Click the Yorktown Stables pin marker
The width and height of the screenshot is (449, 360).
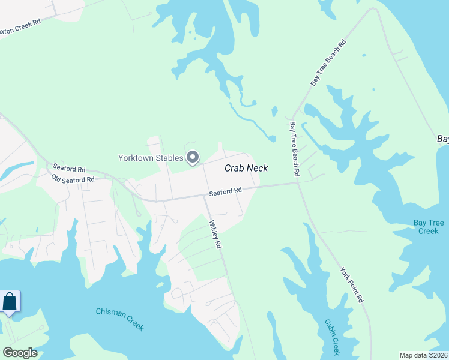tap(193, 157)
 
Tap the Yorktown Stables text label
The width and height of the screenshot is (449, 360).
tap(150, 158)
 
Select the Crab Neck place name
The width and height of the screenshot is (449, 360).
tap(246, 169)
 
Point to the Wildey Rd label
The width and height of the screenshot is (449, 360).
tap(215, 235)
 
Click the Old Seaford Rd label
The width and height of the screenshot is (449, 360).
tap(73, 179)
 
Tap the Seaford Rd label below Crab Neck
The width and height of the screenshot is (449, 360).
tap(226, 191)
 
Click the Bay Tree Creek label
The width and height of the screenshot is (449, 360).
tap(429, 227)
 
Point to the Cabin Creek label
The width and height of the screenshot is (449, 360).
tap(332, 337)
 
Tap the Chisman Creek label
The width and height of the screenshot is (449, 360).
tap(120, 319)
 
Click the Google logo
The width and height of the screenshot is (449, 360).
tap(20, 353)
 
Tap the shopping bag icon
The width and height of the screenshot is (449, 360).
tap(10, 301)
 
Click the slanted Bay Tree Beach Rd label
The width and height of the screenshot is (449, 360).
tap(328, 62)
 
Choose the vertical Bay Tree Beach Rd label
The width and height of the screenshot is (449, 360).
tap(294, 149)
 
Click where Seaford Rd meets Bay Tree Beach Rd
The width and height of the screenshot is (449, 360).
tap(297, 183)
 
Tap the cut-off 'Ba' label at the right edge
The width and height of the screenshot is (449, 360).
tap(443, 139)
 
